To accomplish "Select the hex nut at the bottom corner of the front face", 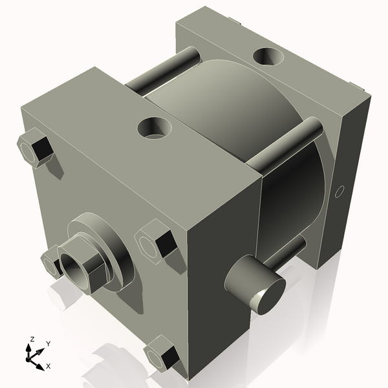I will [161, 356].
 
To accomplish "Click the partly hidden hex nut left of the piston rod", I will [51, 263].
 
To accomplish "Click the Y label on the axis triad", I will [48, 343].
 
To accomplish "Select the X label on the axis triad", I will [48, 366].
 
